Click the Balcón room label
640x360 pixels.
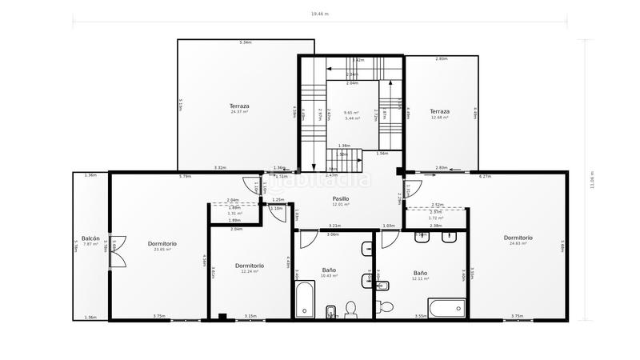coord(90,238)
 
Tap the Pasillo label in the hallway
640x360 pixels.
coord(341,198)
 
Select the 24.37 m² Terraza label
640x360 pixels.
coord(239,106)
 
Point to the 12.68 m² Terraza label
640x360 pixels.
coord(439,111)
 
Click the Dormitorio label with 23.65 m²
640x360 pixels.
coord(162,243)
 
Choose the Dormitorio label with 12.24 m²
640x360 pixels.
coord(250,266)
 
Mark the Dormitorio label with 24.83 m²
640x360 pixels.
coord(518,238)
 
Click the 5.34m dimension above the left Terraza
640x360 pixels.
coord(246,42)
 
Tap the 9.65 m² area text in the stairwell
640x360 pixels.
coord(350,113)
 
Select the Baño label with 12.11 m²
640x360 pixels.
coord(420,274)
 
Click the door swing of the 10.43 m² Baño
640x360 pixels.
coord(308,238)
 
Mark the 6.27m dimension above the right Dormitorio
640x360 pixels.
coord(485,176)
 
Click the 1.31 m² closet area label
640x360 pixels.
coord(234,214)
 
